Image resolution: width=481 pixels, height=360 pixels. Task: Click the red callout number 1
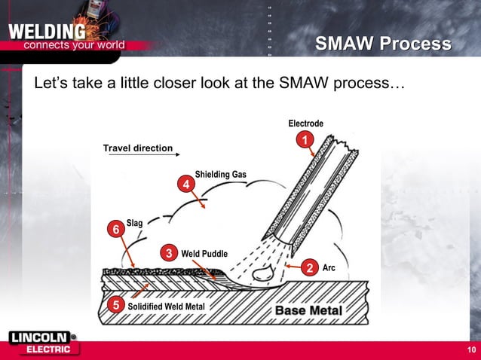[x=304, y=140]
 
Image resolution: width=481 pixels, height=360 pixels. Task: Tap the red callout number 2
[x=308, y=268]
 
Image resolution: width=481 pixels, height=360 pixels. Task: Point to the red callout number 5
[x=115, y=305]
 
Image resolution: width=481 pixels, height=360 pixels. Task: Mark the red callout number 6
[x=116, y=228]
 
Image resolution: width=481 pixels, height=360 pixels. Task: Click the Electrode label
[x=305, y=124]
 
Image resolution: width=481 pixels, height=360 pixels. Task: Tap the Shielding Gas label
[x=220, y=175]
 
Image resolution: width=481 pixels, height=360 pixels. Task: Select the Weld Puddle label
[x=204, y=254]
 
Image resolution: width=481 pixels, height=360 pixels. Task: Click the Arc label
[x=329, y=268]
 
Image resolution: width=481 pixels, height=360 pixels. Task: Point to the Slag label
[x=135, y=222]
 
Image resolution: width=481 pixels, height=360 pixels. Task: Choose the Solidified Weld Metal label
[x=165, y=307]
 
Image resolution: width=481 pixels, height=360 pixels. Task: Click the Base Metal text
[x=308, y=310]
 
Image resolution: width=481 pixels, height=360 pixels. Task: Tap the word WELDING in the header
[x=47, y=32]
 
